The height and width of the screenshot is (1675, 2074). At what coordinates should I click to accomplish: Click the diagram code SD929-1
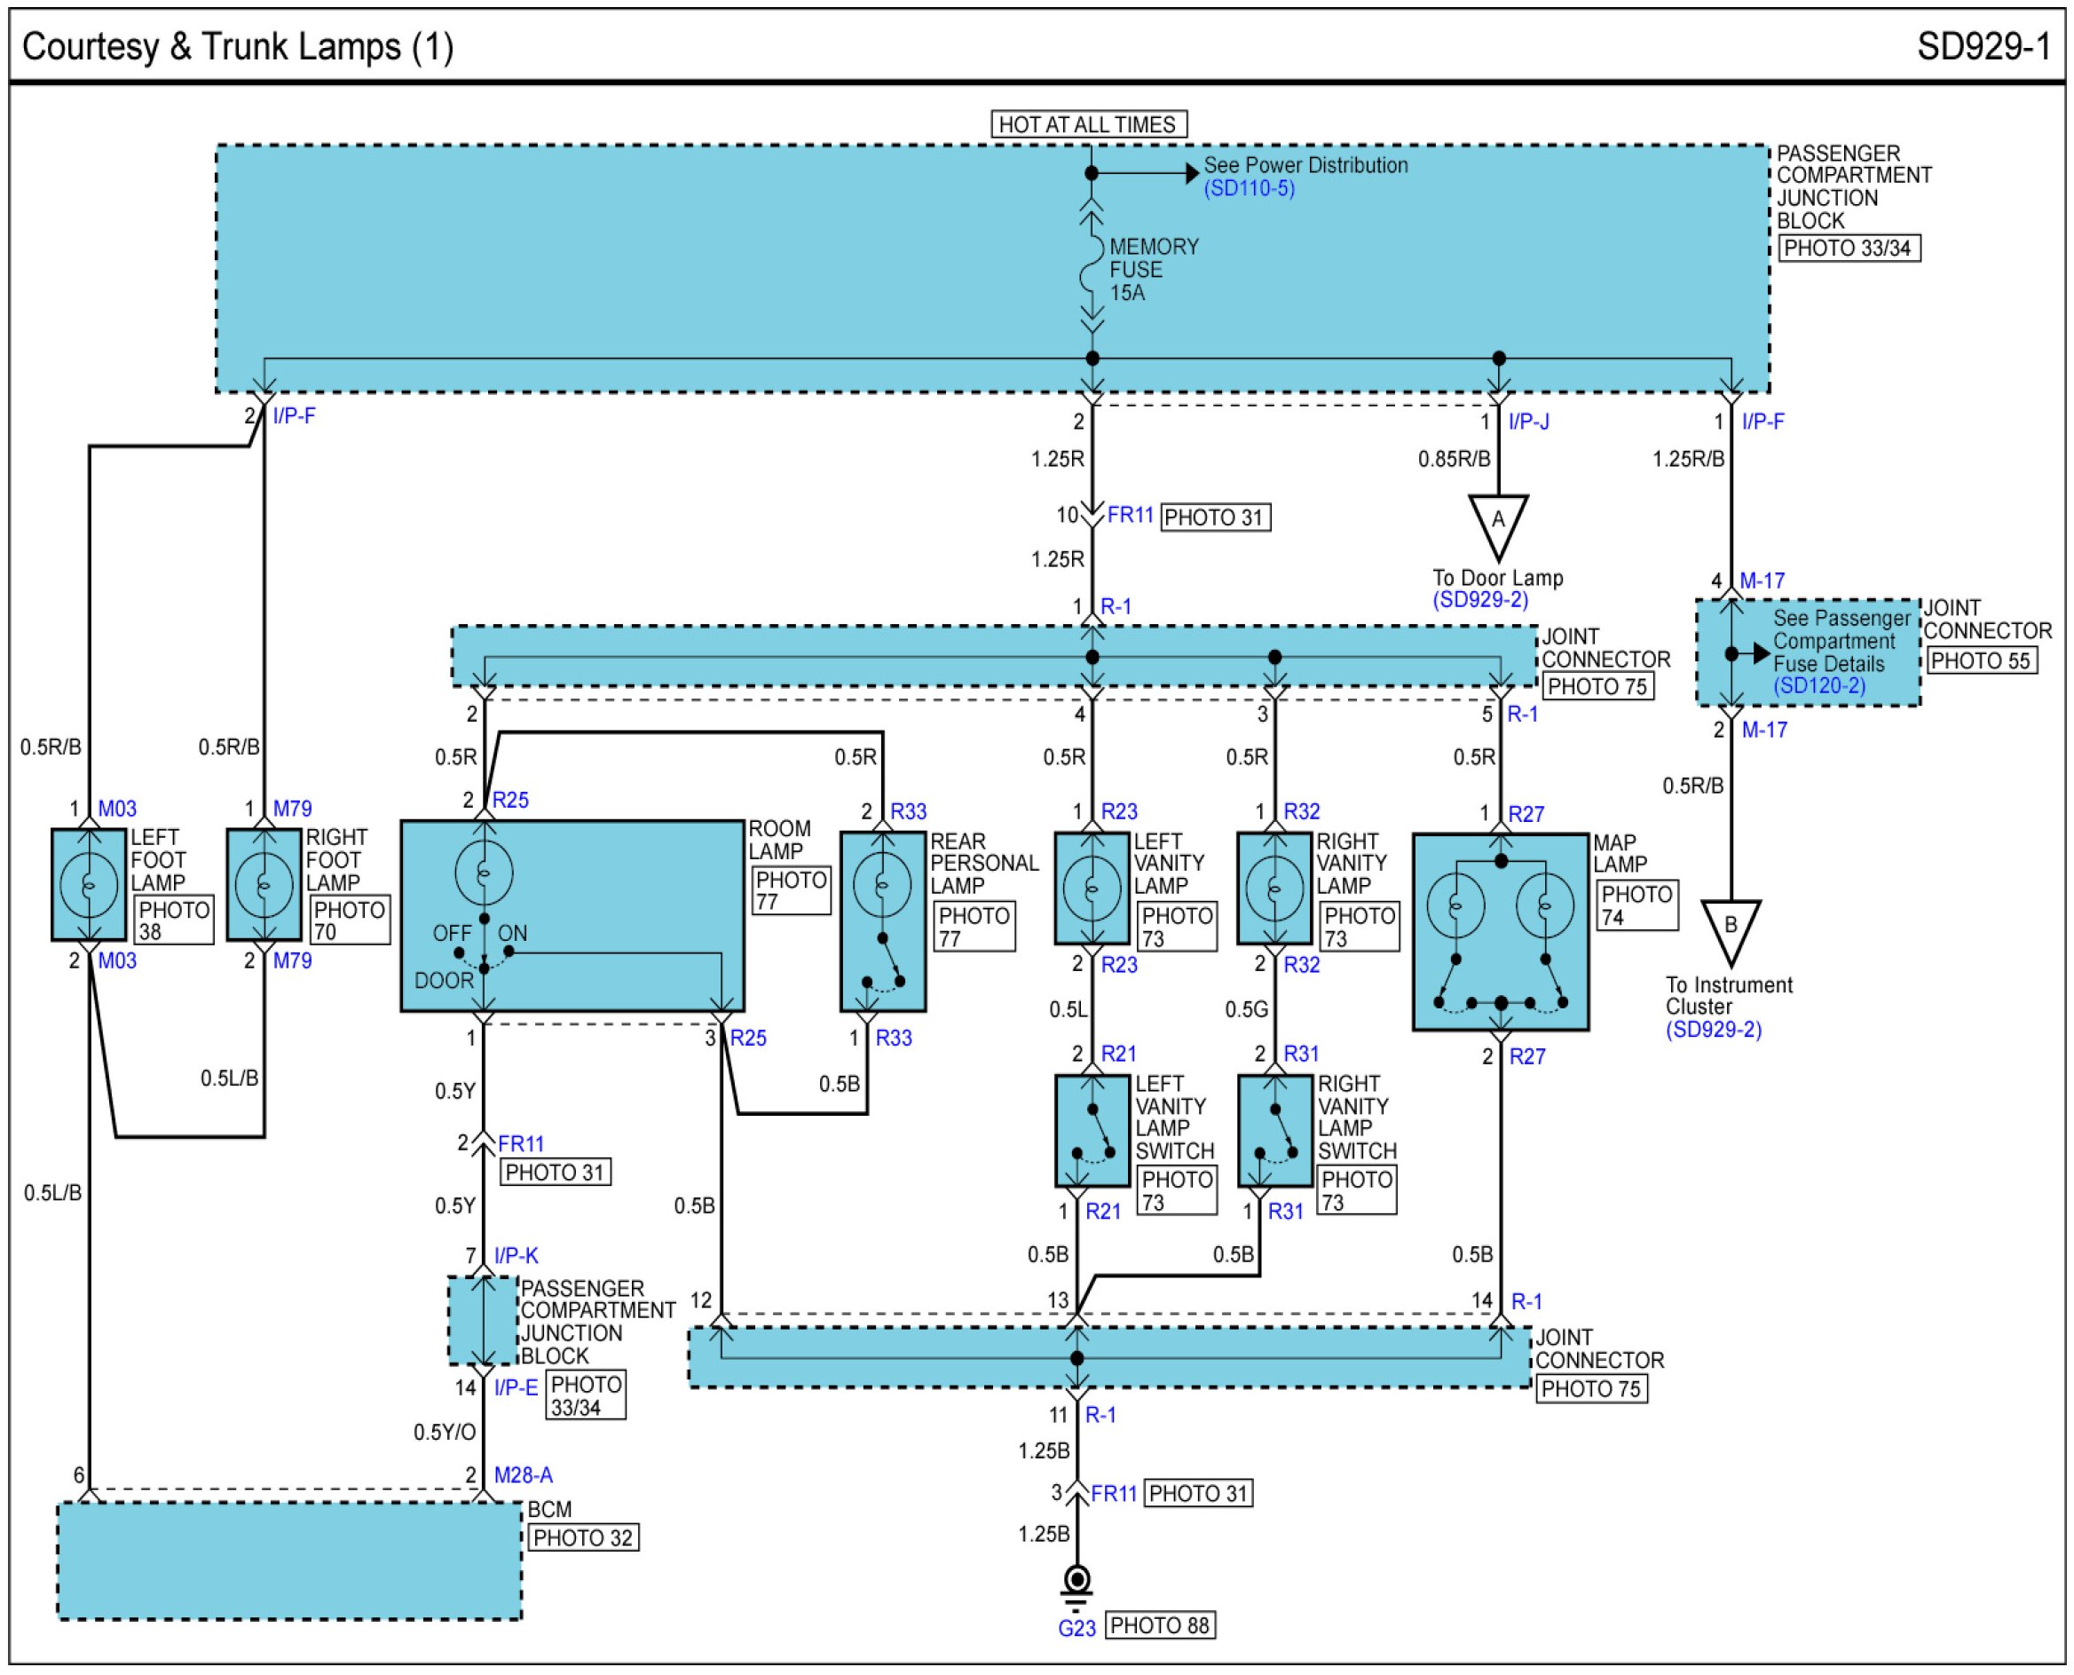click(1983, 46)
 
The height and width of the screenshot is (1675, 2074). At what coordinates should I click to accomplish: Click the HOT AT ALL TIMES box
click(1089, 124)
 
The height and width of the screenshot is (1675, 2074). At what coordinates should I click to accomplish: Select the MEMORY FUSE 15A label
click(1154, 269)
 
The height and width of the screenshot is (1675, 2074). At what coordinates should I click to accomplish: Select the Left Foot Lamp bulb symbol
click(89, 885)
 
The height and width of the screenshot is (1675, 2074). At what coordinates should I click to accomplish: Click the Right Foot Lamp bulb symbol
click(264, 885)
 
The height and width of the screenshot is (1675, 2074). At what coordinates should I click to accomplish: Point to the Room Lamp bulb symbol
click(485, 873)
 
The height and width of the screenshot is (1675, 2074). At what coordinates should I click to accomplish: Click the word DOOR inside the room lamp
click(444, 980)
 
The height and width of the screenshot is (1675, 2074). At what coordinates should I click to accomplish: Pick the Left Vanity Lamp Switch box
click(1092, 1131)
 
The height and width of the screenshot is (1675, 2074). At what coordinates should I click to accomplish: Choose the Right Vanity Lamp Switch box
click(1274, 1131)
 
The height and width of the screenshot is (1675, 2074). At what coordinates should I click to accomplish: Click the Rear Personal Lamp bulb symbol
click(881, 884)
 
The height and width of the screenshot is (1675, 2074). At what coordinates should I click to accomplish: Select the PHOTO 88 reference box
click(1160, 1626)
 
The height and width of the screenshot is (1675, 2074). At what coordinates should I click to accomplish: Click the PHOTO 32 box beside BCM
click(583, 1538)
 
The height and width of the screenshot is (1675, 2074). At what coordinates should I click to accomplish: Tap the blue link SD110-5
click(1250, 188)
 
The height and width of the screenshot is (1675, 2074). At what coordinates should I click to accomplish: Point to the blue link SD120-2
click(1819, 686)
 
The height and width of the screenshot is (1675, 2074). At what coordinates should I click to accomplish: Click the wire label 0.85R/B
click(1454, 459)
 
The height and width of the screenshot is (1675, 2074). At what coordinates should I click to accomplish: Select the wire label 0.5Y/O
click(445, 1432)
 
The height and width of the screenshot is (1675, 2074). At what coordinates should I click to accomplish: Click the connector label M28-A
click(523, 1475)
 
